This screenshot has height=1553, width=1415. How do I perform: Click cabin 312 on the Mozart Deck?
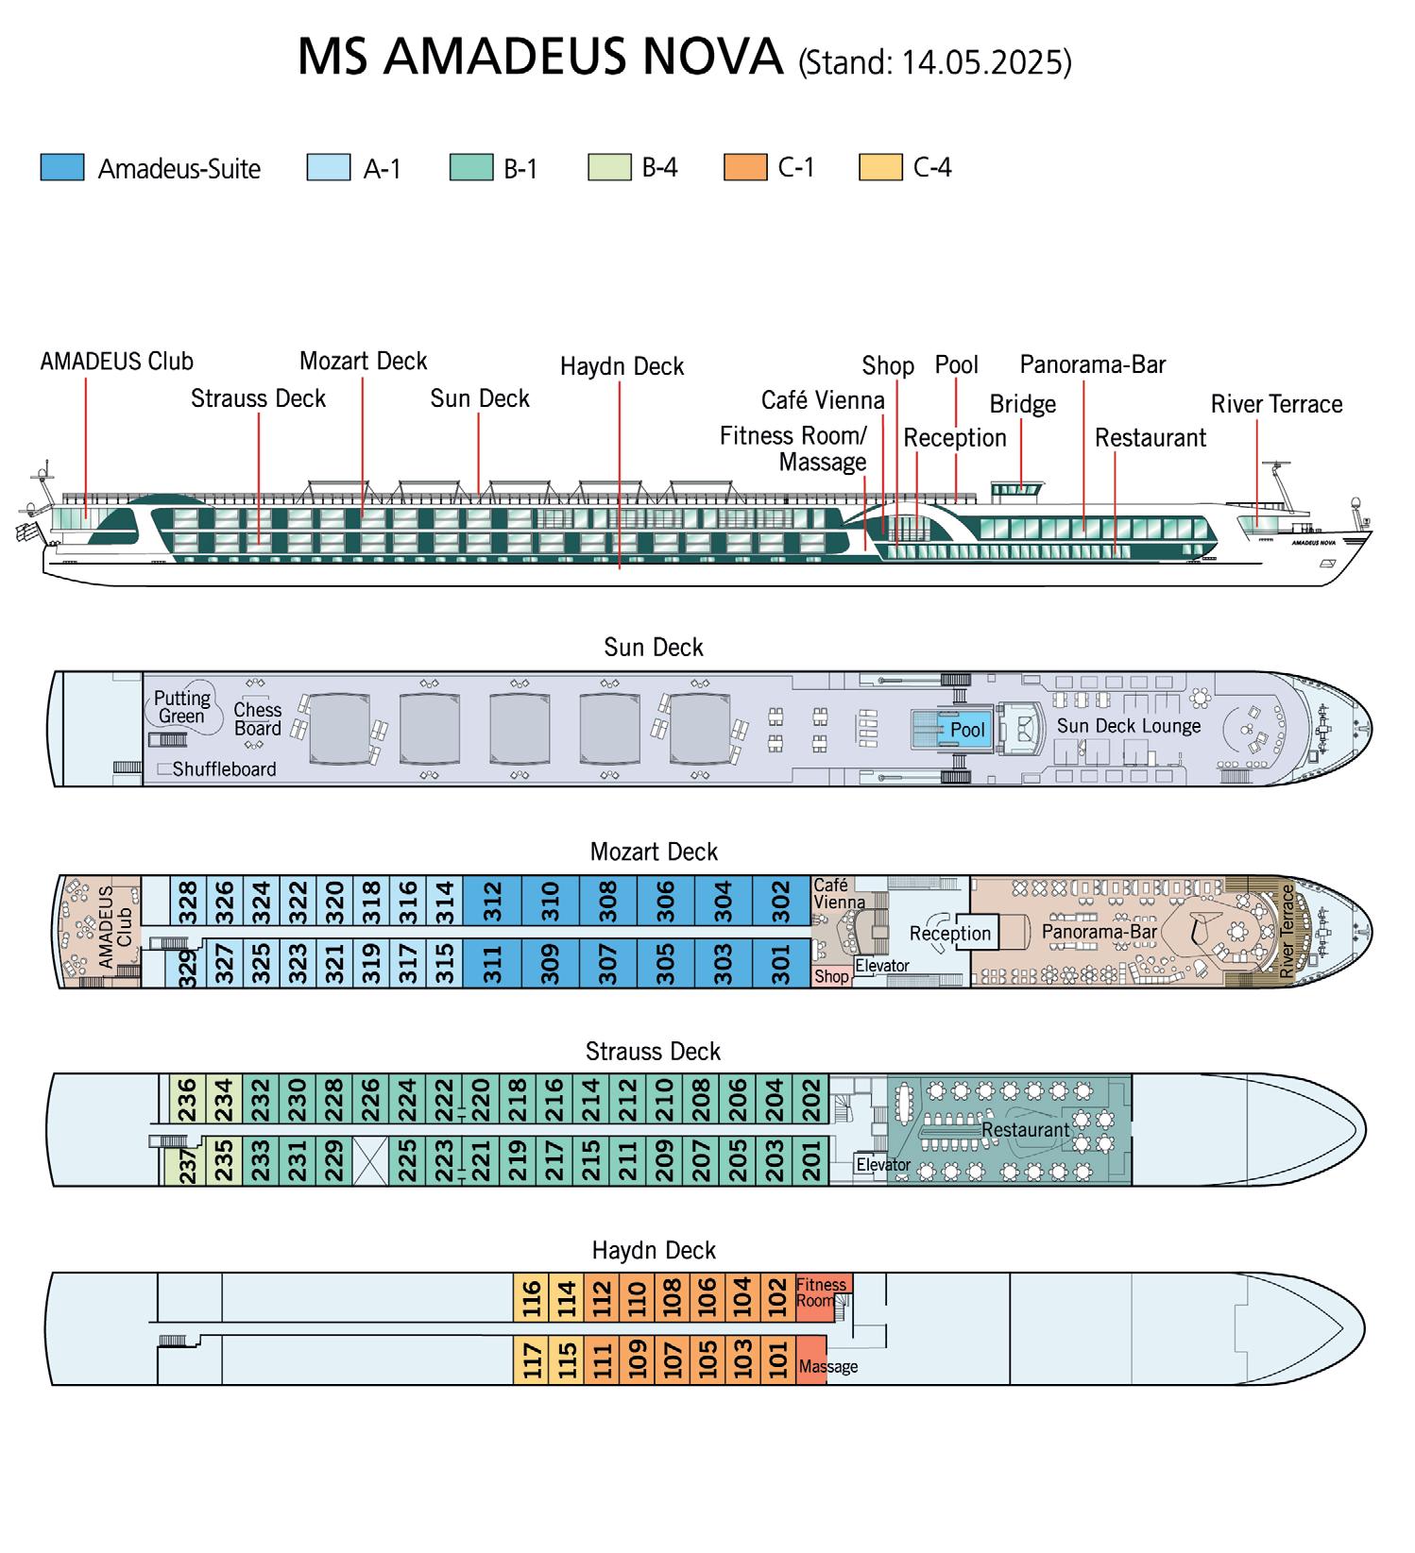pos(492,901)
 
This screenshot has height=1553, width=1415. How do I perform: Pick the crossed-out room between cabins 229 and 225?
pos(369,1160)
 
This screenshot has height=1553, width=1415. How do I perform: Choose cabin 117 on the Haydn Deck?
pos(533,1360)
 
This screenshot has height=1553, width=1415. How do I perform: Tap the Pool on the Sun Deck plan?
pos(966,730)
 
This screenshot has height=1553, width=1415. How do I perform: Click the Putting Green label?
pos(182,707)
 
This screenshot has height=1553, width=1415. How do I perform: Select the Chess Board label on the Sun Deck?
pos(257,718)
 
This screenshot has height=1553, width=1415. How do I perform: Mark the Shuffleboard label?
pos(224,769)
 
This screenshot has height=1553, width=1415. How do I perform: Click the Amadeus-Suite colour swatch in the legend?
pos(62,168)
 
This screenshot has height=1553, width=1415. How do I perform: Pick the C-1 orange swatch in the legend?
pos(745,168)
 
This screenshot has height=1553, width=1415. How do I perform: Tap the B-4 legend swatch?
pos(609,168)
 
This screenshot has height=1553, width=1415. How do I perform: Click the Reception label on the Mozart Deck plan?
pos(949,933)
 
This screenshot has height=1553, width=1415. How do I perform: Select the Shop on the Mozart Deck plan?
pos(831,976)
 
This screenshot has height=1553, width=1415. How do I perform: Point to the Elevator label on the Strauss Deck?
pos(883,1165)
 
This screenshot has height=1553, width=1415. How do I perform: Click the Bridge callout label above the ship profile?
pos(1022,404)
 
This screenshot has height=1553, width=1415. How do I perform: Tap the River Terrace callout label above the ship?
pos(1276,404)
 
